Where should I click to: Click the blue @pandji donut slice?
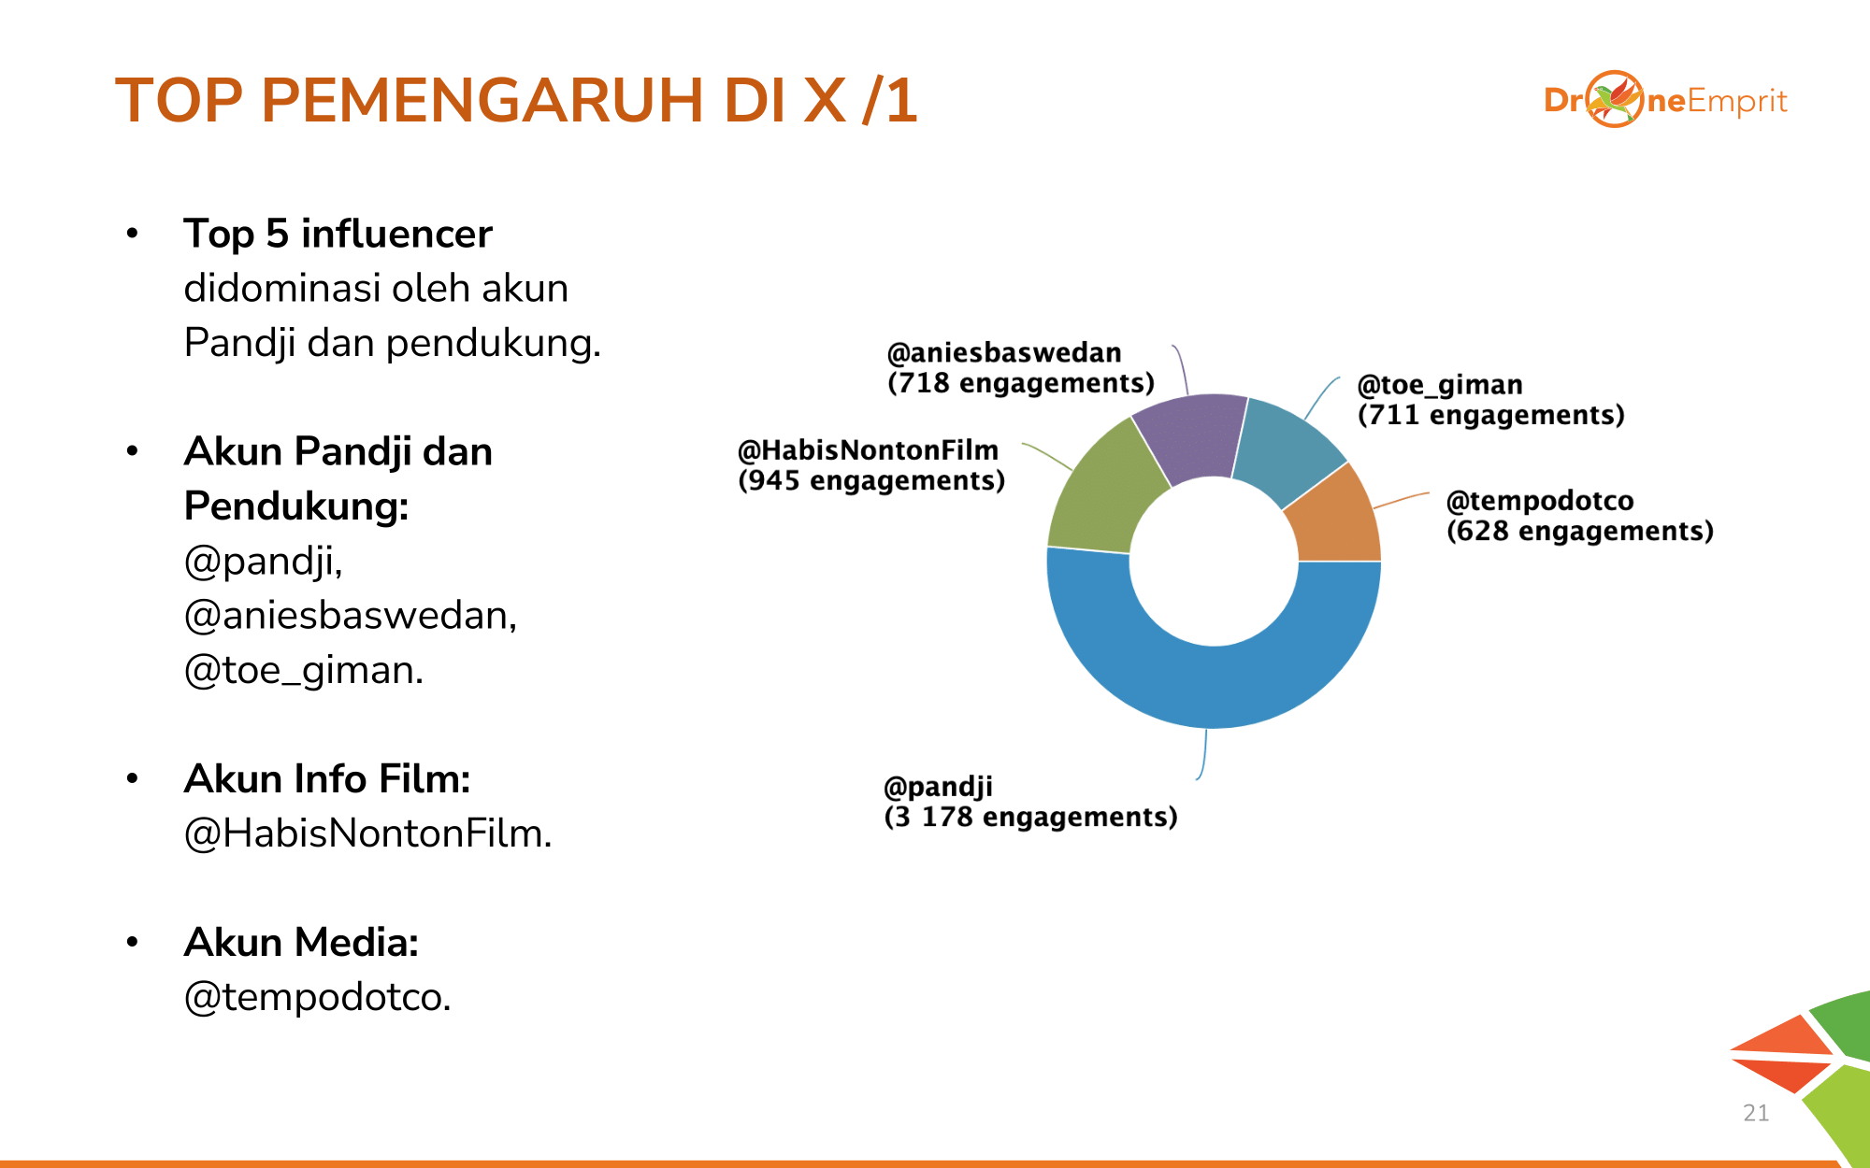(x=1214, y=687)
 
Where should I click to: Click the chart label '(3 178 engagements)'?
(x=1030, y=817)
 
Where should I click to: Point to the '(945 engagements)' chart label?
(x=871, y=480)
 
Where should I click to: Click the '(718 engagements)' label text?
(x=1021, y=383)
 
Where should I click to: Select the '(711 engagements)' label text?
(x=1491, y=415)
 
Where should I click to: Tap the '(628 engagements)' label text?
(x=1580, y=531)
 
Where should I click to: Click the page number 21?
(x=1756, y=1113)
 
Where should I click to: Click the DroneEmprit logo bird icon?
(x=1615, y=99)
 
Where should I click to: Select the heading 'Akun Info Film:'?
(x=327, y=778)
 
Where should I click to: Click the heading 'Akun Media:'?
(x=301, y=942)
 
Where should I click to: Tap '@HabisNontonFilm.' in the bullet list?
(x=368, y=833)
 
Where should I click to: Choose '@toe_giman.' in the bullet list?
(x=304, y=671)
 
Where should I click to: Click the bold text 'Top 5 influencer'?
(x=338, y=234)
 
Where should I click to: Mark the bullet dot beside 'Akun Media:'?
(x=133, y=942)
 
